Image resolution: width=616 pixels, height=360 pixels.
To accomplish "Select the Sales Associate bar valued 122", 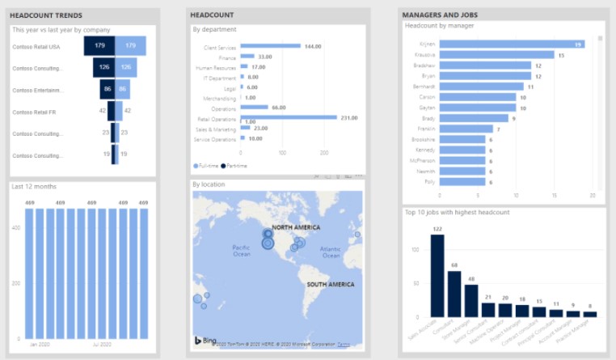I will [437, 276].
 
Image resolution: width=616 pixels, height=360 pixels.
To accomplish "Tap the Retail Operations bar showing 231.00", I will [289, 117].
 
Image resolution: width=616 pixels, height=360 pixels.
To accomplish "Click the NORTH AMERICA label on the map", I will [296, 227].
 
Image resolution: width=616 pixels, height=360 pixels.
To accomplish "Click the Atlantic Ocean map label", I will [331, 251].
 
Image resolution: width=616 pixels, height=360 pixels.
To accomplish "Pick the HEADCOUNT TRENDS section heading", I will [47, 15].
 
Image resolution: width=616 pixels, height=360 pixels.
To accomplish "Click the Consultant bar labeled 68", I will [454, 294].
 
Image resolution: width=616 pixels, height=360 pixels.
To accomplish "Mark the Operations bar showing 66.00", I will [255, 108].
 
